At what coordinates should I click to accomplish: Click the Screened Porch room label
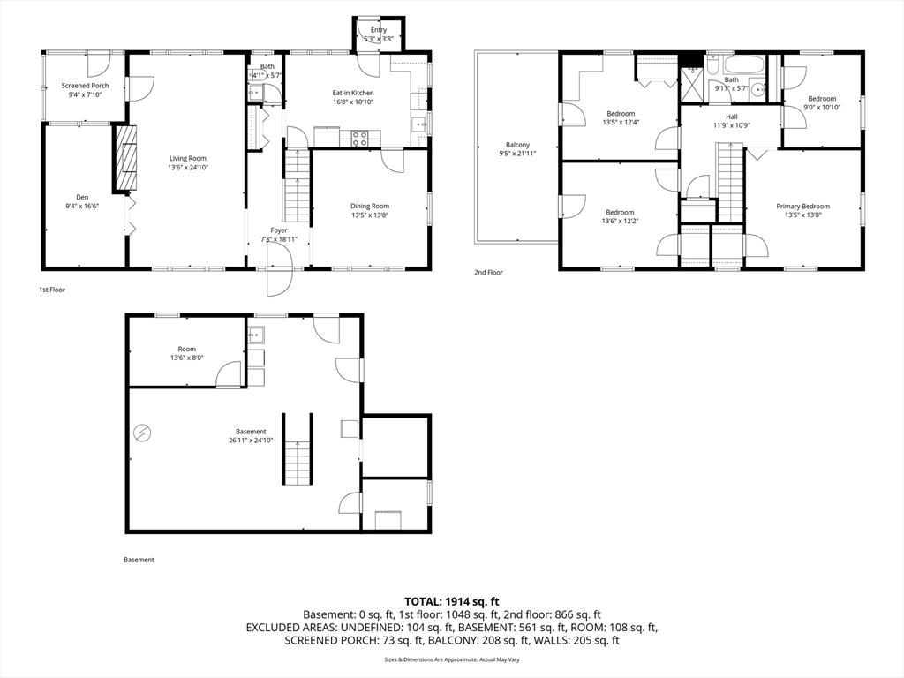pyautogui.click(x=86, y=86)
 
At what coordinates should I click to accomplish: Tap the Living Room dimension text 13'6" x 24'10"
pyautogui.click(x=189, y=167)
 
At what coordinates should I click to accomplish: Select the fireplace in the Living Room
pyautogui.click(x=124, y=159)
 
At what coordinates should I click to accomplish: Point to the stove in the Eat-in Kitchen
pyautogui.click(x=360, y=138)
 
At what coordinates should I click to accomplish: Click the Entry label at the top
pyautogui.click(x=378, y=30)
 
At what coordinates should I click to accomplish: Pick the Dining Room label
pyautogui.click(x=370, y=206)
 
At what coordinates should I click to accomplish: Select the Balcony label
pyautogui.click(x=517, y=145)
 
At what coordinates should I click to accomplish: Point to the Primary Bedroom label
pyautogui.click(x=802, y=207)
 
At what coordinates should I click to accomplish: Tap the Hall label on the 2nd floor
pyautogui.click(x=731, y=117)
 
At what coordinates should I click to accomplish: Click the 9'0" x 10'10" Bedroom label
pyautogui.click(x=822, y=98)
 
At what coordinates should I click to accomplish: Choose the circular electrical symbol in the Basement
pyautogui.click(x=141, y=433)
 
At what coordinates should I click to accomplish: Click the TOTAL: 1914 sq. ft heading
pyautogui.click(x=452, y=601)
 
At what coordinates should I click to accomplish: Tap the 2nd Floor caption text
pyautogui.click(x=488, y=273)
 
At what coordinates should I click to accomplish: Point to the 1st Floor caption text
pyautogui.click(x=51, y=290)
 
